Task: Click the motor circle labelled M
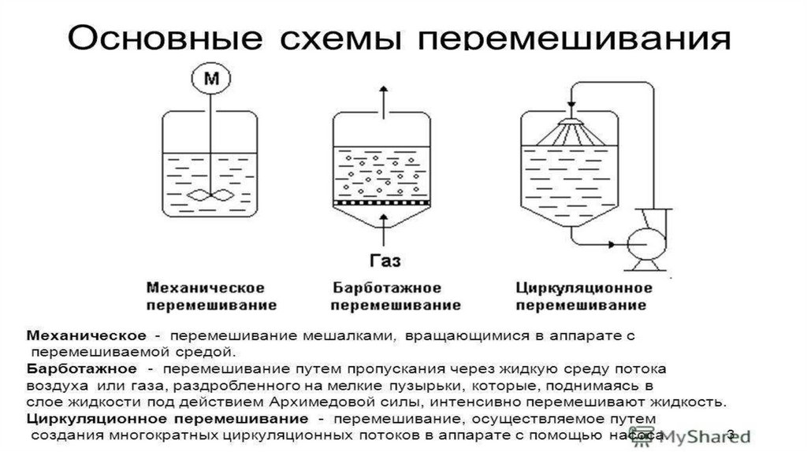[x=210, y=79]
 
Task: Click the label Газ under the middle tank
[x=384, y=259]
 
